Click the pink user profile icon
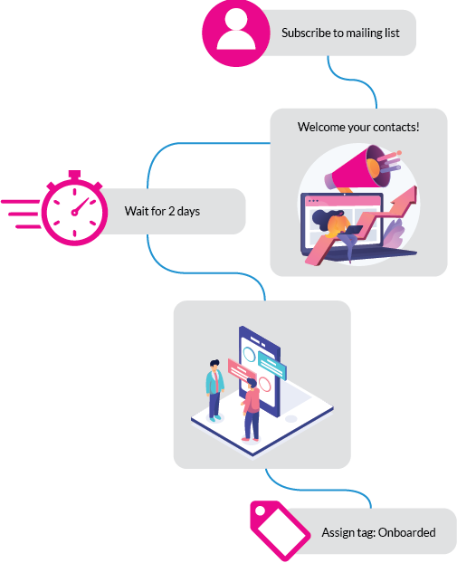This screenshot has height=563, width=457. pyautogui.click(x=236, y=33)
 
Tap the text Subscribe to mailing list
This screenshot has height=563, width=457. pyautogui.click(x=340, y=33)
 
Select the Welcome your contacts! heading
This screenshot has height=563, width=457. pyautogui.click(x=358, y=127)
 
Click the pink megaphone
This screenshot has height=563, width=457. pyautogui.click(x=362, y=168)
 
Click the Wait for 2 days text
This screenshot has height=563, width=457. pyautogui.click(x=162, y=211)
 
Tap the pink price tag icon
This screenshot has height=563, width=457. pyautogui.click(x=280, y=530)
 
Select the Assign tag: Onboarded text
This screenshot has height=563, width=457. pyautogui.click(x=379, y=532)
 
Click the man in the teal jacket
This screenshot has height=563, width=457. pyautogui.click(x=214, y=390)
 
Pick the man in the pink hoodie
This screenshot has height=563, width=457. pyautogui.click(x=252, y=410)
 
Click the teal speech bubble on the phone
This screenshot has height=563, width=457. pyautogui.click(x=272, y=365)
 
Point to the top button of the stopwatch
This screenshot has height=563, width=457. pyautogui.click(x=74, y=175)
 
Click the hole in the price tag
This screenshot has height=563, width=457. pyautogui.click(x=260, y=511)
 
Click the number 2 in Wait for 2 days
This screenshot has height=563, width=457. pyautogui.click(x=171, y=211)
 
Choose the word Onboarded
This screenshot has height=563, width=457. pyautogui.click(x=407, y=532)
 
